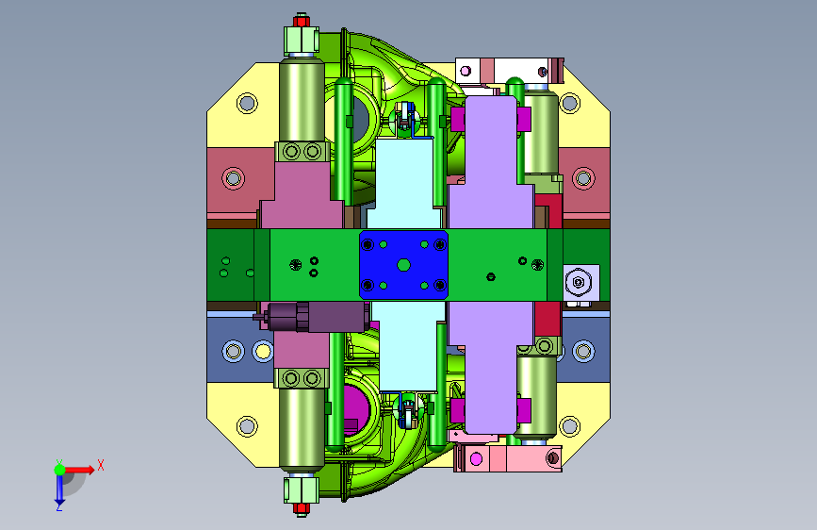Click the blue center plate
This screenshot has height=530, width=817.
tap(404, 265)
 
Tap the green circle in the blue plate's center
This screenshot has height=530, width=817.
tap(403, 265)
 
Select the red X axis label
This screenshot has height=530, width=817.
tap(101, 465)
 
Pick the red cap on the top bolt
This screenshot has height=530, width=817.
tap(302, 21)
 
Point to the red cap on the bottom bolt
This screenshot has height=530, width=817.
tap(302, 508)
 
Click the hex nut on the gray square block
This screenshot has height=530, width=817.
tap(579, 282)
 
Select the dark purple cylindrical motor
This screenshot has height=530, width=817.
tap(313, 317)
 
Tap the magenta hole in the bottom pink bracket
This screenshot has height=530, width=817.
tap(476, 459)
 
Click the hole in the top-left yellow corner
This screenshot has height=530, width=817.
tap(247, 104)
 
